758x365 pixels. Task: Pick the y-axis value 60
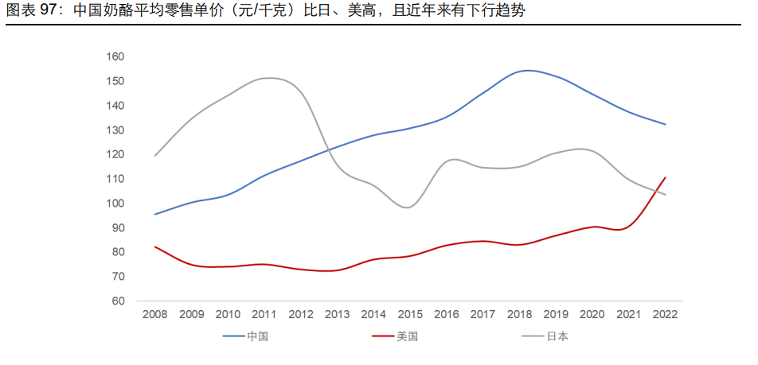click(118, 301)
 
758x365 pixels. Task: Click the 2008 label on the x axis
click(154, 314)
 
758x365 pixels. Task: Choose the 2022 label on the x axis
click(664, 314)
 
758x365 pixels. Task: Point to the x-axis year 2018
click(518, 314)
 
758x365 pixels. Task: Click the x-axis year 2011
click(264, 314)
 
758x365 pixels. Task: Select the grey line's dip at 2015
click(408, 208)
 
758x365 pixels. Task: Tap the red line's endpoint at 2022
click(665, 177)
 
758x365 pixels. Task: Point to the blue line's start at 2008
click(154, 214)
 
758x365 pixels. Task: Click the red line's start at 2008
click(154, 247)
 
